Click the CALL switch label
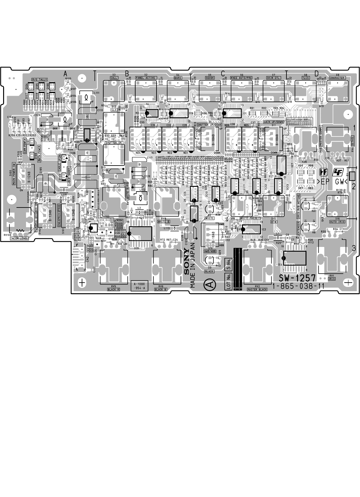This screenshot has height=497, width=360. tap(114, 77)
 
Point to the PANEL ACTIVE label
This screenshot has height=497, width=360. tap(146, 77)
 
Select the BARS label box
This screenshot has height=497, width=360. tap(177, 77)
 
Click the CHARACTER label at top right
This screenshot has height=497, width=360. tap(337, 78)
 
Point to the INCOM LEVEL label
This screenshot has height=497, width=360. tap(19, 238)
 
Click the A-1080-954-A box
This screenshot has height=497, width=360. tap(139, 285)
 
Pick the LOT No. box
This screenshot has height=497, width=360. tap(228, 281)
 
